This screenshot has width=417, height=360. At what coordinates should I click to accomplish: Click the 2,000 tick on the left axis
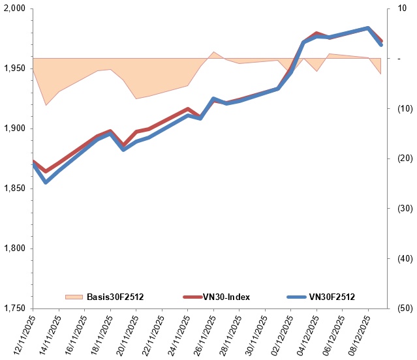pos(13,8)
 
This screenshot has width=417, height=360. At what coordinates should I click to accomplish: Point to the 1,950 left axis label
pos(13,68)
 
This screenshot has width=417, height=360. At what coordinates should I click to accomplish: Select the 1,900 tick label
pos(13,128)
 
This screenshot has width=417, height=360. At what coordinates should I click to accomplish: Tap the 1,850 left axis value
pos(13,188)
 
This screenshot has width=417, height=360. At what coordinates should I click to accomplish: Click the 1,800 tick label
pos(13,248)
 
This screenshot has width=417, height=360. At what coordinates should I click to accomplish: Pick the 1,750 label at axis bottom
pos(13,308)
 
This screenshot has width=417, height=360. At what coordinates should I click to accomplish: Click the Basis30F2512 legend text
pos(116,297)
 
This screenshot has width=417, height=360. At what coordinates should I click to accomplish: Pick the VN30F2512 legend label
pos(332,297)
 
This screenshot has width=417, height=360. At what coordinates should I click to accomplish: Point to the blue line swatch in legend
pos(297,297)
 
